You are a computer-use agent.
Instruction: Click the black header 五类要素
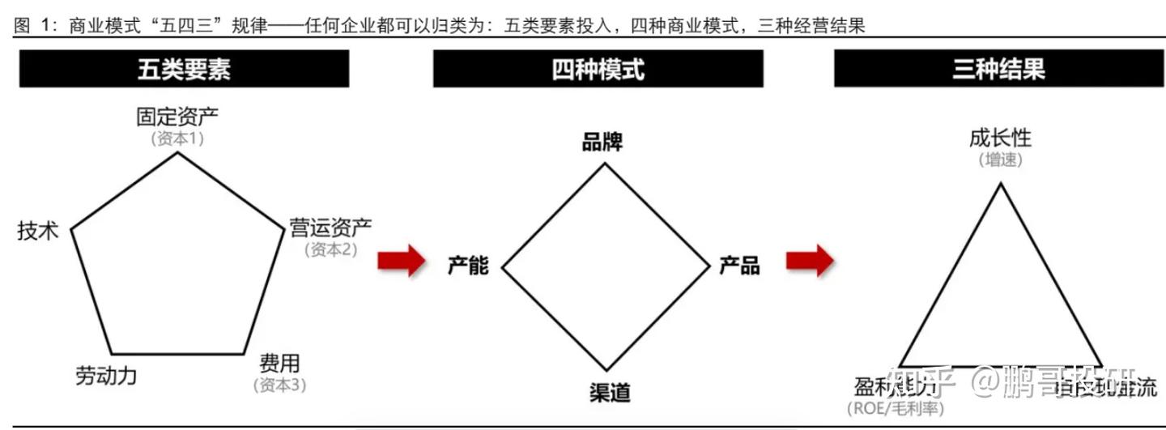184,69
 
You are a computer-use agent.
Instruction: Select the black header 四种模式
598,69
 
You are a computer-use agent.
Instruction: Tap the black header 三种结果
998,69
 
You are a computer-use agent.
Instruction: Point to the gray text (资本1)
177,138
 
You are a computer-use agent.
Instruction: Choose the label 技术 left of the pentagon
38,231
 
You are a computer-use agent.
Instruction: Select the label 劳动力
106,377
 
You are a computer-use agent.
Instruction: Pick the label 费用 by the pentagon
279,363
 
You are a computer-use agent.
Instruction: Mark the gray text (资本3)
279,385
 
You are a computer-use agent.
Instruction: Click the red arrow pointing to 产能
402,261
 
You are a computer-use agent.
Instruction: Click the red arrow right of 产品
810,261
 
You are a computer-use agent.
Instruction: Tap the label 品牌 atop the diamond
602,143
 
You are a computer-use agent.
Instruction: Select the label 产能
468,265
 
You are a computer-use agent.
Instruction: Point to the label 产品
739,265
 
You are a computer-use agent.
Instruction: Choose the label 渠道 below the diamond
610,394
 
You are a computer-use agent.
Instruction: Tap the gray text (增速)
1000,160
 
